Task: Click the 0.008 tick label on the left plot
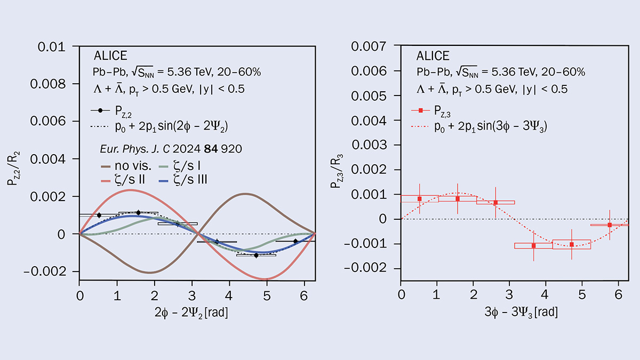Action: pos(47,84)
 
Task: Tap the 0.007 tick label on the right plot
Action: pos(369,46)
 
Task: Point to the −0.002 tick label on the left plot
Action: pos(45,271)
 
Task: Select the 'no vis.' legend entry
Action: pos(126,166)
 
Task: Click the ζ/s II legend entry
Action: pos(123,180)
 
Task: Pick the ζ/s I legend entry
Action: pos(180,166)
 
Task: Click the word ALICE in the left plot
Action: pos(110,55)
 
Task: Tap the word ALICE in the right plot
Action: pos(433,55)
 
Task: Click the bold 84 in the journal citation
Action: pos(211,149)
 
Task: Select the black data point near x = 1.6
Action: pos(138,213)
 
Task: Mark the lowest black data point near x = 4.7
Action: pos(256,255)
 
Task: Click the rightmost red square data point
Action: pos(610,225)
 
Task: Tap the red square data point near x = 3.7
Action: pos(533,245)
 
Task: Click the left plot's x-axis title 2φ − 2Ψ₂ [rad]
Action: pos(191,313)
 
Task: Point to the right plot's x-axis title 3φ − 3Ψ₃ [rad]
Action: pos(521,312)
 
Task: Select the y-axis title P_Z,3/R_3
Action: pos(337,171)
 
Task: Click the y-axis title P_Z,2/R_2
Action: pos(13,169)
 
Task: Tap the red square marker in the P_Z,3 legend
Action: pos(421,110)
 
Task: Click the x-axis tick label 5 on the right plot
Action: pos(582,294)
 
